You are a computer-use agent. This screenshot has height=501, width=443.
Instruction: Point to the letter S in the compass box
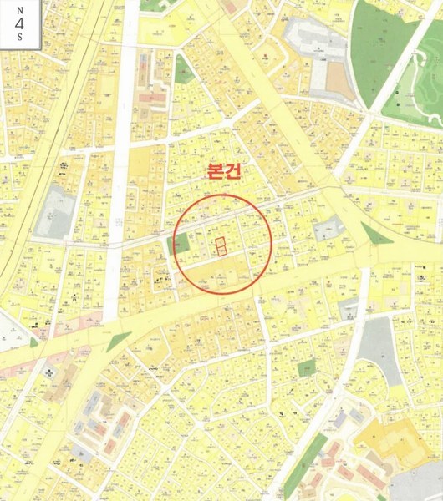click(x=18, y=38)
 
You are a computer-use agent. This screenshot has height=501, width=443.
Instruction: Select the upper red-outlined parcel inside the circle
click(x=221, y=243)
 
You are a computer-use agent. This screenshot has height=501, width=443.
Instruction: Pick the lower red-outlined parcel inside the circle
click(x=221, y=251)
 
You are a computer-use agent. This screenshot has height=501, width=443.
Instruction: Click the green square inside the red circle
click(x=181, y=245)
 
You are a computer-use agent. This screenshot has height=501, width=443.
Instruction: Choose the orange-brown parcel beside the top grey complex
click(x=336, y=79)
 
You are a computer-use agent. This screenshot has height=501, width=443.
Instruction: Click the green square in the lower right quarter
click(x=307, y=367)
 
